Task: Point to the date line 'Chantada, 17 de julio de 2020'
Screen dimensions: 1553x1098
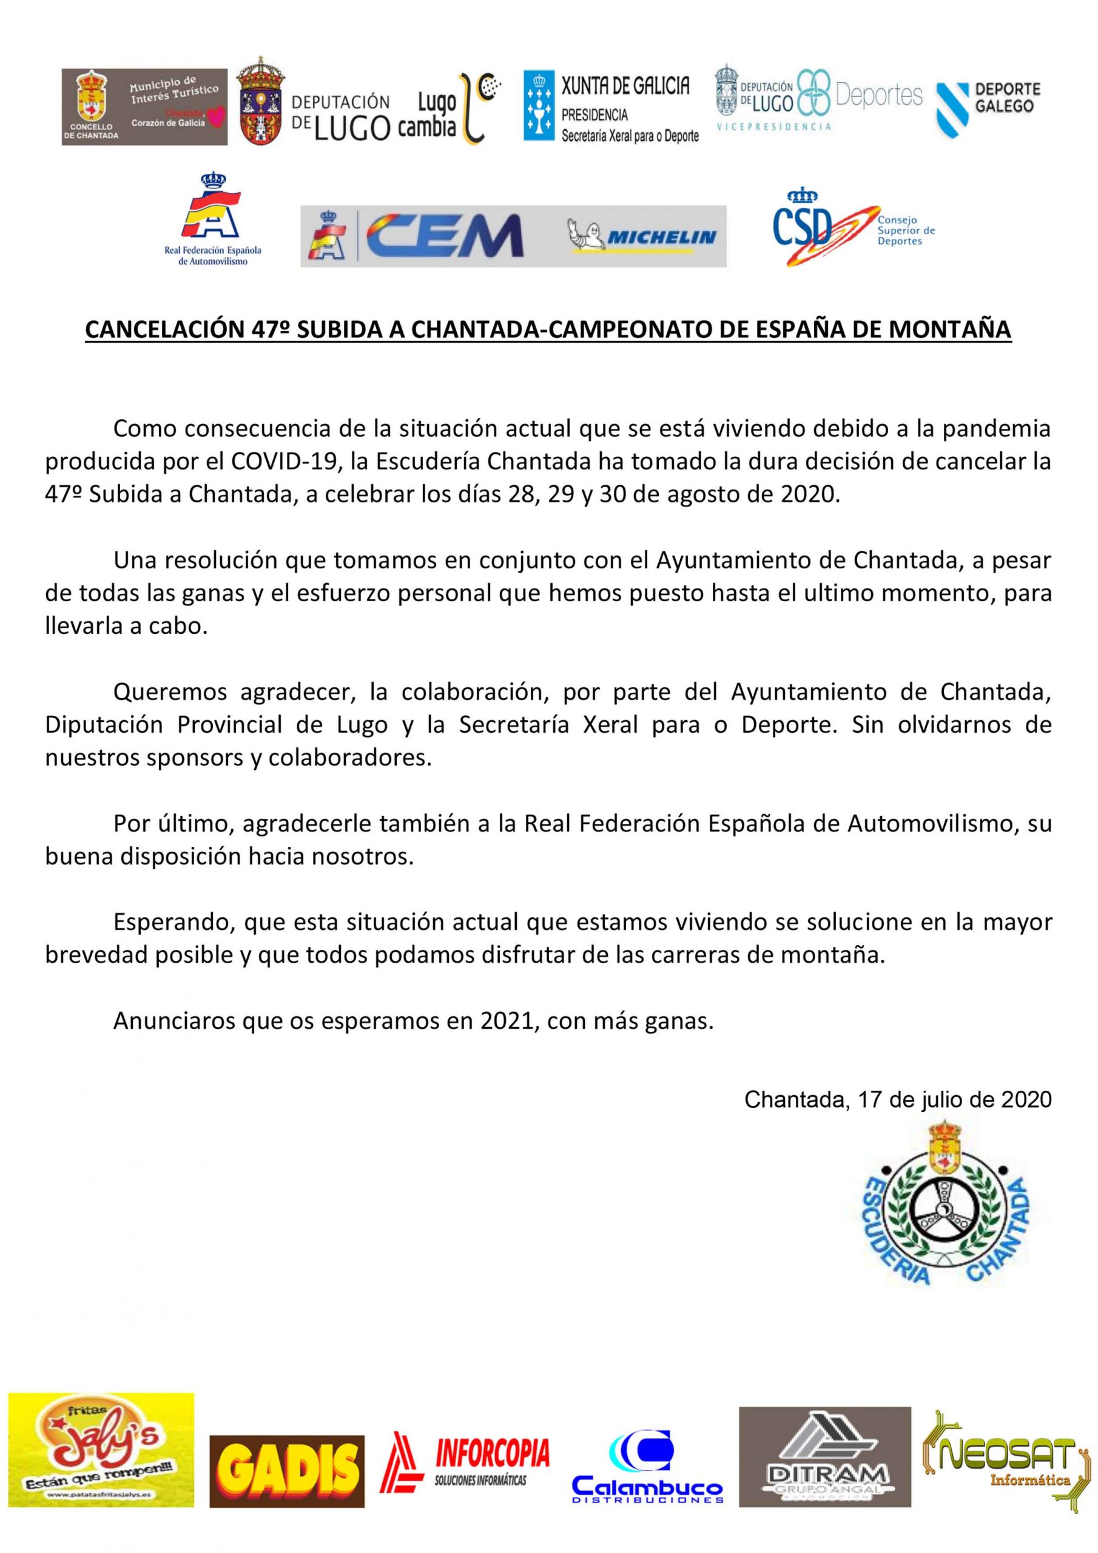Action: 898,1099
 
